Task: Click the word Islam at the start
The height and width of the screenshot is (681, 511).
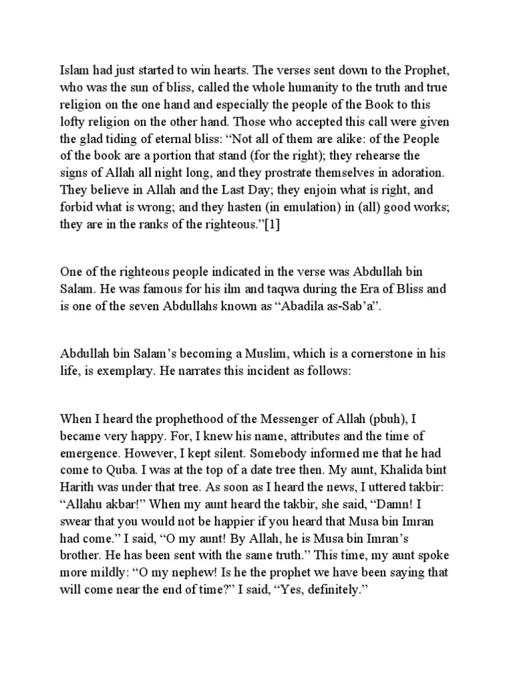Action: pos(75,68)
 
